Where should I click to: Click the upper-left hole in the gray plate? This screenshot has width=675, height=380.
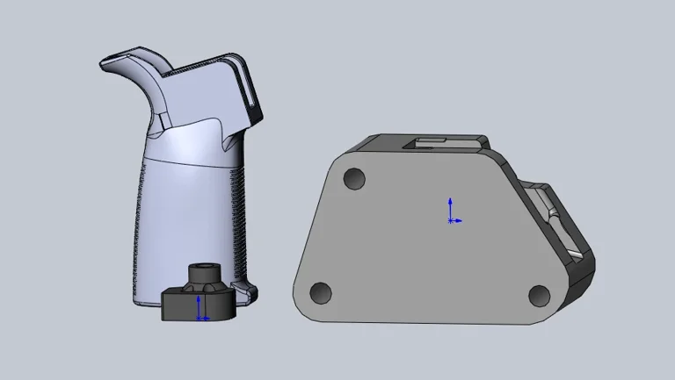354,179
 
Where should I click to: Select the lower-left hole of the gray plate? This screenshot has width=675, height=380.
321,292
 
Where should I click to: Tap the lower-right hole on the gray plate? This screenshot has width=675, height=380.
539,295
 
